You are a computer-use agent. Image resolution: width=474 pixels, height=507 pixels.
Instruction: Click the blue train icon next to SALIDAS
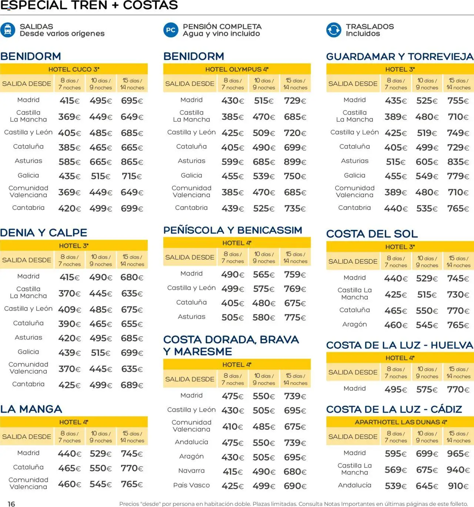[x=8, y=30]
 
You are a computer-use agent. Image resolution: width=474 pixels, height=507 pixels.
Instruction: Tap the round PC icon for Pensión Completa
[x=171, y=30]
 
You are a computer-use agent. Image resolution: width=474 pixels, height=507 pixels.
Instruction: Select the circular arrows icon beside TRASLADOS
[x=333, y=30]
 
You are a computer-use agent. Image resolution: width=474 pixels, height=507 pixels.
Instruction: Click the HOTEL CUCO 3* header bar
[x=74, y=69]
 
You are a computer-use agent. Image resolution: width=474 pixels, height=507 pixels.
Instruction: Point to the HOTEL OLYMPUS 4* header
[x=237, y=69]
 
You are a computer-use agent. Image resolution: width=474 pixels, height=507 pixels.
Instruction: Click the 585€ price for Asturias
[x=69, y=162]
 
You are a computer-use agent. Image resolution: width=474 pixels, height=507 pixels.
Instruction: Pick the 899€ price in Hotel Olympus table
[x=295, y=162]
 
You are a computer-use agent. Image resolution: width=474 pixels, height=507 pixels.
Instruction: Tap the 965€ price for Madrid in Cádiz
[x=458, y=454]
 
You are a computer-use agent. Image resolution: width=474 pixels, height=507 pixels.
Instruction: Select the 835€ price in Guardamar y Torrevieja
[x=458, y=162]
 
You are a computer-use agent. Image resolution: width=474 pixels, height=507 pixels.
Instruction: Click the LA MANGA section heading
[x=31, y=409]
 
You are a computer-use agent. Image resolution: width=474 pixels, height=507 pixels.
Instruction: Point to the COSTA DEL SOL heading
[x=372, y=234]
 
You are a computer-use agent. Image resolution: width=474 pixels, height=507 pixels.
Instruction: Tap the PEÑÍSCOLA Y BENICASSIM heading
[x=233, y=230]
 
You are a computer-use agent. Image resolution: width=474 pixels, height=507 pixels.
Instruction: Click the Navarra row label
[x=191, y=471]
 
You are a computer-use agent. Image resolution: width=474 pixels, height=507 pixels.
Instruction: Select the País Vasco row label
[x=191, y=485]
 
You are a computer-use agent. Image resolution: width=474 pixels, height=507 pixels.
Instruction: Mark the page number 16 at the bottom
[x=11, y=504]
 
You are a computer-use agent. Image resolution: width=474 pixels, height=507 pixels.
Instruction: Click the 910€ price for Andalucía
[x=458, y=486]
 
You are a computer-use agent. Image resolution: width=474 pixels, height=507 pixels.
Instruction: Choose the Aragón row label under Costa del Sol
[x=354, y=325]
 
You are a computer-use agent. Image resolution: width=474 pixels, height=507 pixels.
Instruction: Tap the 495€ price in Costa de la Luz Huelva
[x=395, y=389]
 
